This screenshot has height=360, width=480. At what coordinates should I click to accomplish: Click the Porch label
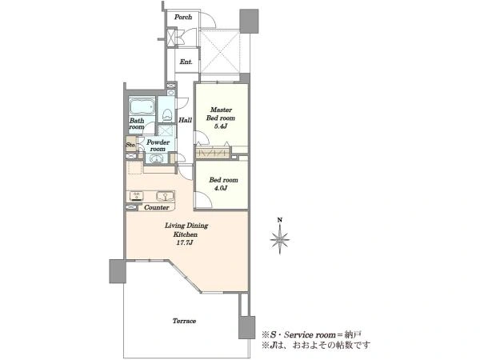point(183,17)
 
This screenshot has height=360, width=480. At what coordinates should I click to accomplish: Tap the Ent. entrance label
point(186,62)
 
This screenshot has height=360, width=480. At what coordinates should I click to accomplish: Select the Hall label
point(186,120)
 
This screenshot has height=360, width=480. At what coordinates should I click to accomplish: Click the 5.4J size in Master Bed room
point(221,126)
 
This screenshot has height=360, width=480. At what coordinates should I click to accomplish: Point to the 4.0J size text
point(221,188)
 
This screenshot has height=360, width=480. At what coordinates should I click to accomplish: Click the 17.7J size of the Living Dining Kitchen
point(186,243)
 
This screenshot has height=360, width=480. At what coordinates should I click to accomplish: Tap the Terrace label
point(184,321)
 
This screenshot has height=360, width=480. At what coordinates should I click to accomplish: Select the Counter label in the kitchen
point(157,207)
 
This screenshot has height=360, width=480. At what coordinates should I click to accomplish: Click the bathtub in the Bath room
point(142,106)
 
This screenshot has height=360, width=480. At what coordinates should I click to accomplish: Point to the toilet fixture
point(167,115)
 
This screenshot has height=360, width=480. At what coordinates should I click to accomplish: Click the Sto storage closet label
point(130,145)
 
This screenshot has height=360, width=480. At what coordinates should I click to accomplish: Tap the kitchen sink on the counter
point(165,195)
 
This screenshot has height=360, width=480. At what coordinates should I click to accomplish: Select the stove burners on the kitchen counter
point(137,196)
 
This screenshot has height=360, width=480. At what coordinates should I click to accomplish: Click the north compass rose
point(280,239)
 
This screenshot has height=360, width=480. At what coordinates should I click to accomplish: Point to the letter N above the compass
point(279,220)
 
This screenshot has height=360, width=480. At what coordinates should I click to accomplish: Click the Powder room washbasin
point(157,159)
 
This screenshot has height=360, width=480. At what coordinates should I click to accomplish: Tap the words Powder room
point(158,146)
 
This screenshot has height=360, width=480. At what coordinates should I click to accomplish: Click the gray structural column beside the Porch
point(249,22)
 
